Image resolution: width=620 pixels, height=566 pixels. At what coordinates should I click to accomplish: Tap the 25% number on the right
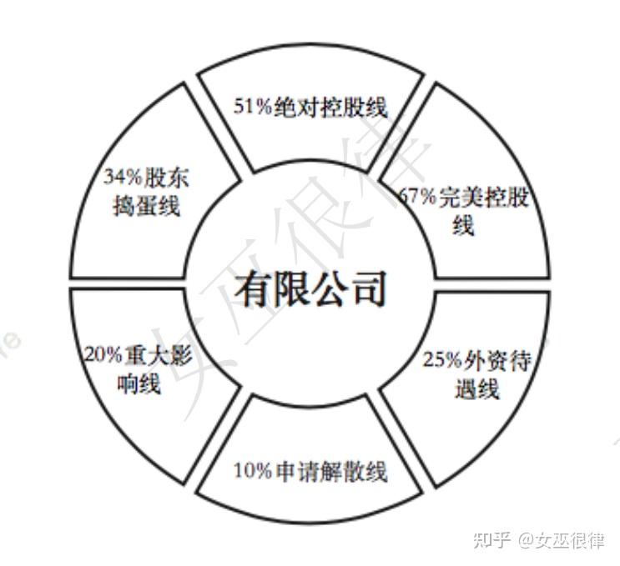tap(441, 360)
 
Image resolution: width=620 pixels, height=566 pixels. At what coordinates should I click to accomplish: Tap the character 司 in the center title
tap(368, 289)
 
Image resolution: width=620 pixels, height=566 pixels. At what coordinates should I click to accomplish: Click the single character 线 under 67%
tap(464, 226)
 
